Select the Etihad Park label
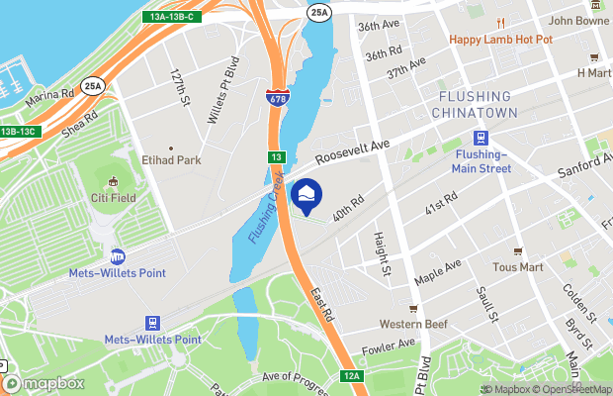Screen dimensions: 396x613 coord(171,158)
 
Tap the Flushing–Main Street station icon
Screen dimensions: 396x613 coord(482,138)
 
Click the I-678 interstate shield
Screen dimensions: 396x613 coord(277,98)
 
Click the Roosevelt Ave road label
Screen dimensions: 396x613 coord(352,151)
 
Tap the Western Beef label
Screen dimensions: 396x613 coord(414,324)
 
